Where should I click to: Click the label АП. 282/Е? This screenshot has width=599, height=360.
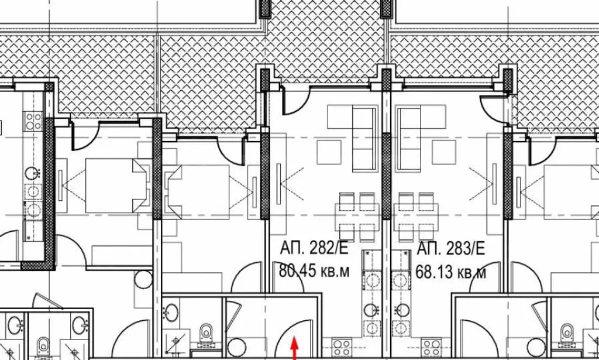point(314,248)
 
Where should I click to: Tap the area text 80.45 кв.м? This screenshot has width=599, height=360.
point(314,271)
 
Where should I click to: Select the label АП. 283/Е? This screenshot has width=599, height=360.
point(451,248)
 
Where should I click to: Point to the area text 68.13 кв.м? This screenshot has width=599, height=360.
point(451,272)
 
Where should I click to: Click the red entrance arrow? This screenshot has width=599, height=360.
point(294,348)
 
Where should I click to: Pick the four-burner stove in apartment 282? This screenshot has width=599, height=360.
point(342,347)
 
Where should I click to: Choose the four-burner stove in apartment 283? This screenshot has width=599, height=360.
point(431,347)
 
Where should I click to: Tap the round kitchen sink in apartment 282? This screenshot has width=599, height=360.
point(370,310)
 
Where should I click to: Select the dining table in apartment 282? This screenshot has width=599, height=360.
point(357,217)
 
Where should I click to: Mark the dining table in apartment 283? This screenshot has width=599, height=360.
point(416,217)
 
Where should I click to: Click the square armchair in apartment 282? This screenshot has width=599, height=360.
point(329,152)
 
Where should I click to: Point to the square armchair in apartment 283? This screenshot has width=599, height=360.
point(444,152)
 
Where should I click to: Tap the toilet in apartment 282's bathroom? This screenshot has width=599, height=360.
point(206,333)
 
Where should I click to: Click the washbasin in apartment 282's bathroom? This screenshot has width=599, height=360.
point(171,312)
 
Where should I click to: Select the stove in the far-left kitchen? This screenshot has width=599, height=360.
point(33,121)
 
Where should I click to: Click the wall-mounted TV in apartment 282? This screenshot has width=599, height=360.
point(278,183)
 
